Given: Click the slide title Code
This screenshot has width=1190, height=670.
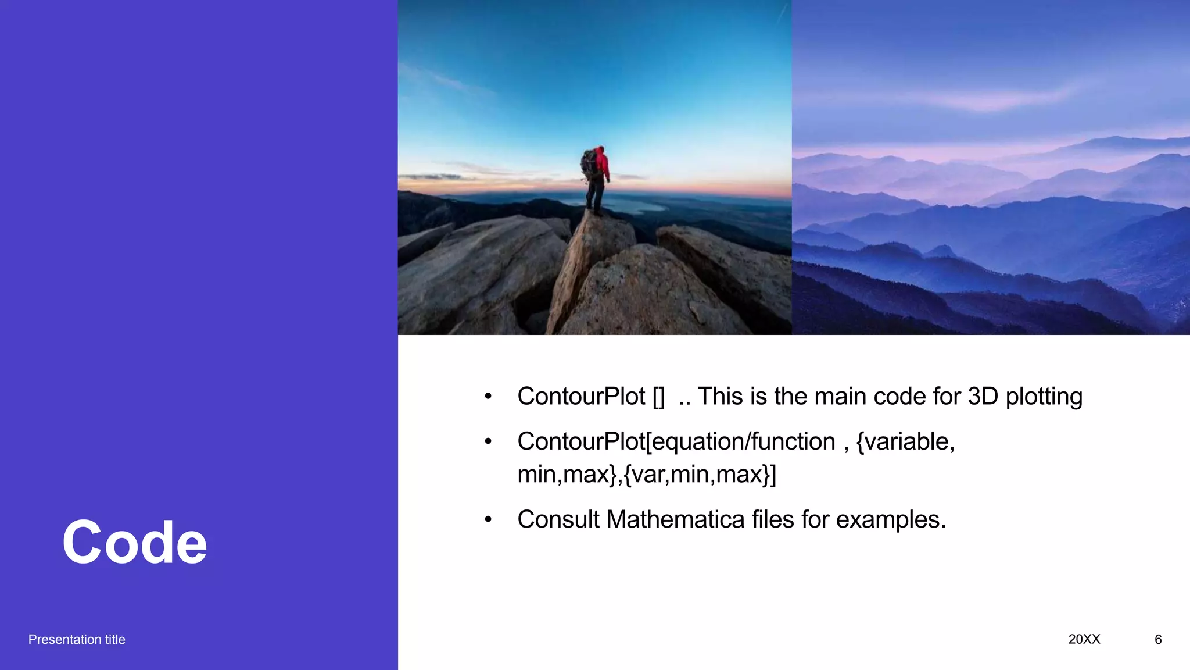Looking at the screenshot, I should pyautogui.click(x=134, y=543).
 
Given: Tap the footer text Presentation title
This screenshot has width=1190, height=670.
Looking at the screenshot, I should pyautogui.click(x=77, y=639).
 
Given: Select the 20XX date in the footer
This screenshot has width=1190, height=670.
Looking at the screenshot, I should pyautogui.click(x=1084, y=639).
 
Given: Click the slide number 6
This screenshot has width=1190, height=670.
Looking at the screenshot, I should pyautogui.click(x=1157, y=639).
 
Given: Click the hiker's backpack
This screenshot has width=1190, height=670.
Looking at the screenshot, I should pyautogui.click(x=590, y=163).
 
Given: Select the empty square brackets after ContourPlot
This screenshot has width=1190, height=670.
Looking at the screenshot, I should pyautogui.click(x=658, y=397).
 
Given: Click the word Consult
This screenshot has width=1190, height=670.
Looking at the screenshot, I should pyautogui.click(x=558, y=519).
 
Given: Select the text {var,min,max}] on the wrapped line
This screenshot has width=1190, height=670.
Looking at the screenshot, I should pyautogui.click(x=700, y=475).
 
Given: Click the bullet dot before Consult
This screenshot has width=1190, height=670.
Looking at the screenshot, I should pyautogui.click(x=488, y=519).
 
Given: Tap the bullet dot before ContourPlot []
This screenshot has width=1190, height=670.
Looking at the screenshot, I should pyautogui.click(x=488, y=397).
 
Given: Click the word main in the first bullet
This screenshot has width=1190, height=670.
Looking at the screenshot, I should pyautogui.click(x=840, y=397).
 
